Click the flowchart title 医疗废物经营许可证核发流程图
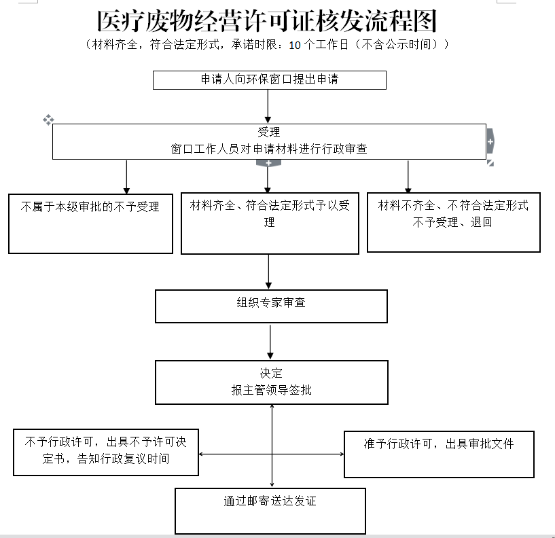tap(267, 22)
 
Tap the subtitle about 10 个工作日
tap(267, 46)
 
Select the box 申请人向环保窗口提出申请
tap(269, 79)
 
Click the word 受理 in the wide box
tap(269, 132)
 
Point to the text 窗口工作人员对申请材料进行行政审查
tap(269, 149)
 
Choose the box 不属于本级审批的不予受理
tap(90, 223)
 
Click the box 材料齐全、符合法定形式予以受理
tap(270, 223)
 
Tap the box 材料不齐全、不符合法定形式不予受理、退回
tap(453, 221)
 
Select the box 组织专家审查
tap(271, 306)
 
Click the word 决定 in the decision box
tap(271, 373)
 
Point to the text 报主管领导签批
tap(271, 390)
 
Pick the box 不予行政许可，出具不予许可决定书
tap(105, 452)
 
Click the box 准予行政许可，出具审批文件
tap(439, 453)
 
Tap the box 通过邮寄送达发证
tap(270, 510)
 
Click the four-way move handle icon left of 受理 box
tap(48, 120)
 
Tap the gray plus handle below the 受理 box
tap(268, 163)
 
